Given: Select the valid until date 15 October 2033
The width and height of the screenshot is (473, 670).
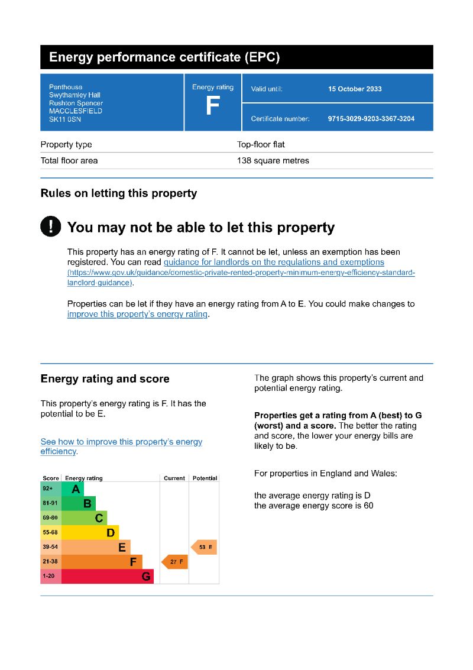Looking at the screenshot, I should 355,89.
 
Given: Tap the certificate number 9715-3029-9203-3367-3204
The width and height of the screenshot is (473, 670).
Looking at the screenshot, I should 371,119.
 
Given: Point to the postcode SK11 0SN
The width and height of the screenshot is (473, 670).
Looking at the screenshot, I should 65,119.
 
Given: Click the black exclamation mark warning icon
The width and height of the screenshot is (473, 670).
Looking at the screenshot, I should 51,226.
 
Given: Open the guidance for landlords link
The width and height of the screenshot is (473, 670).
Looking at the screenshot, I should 274,262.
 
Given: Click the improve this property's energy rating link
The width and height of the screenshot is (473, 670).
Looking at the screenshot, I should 138,314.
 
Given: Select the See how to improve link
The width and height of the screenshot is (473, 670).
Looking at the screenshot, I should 121,442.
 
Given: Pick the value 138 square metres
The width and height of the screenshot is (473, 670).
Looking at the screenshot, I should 273,161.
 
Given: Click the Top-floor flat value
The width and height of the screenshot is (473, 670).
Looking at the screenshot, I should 261,144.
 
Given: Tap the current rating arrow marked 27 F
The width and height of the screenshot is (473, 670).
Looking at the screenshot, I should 175,562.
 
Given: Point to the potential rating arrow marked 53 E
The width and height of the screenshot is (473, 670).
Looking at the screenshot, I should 204,547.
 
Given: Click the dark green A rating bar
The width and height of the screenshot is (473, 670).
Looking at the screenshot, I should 73,489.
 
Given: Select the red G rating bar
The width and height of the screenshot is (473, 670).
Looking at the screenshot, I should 107,577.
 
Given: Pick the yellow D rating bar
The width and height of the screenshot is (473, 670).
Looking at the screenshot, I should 90,533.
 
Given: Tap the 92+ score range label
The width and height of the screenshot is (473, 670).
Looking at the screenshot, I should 48,489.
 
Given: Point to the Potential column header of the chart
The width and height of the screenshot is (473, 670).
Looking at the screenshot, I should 205,478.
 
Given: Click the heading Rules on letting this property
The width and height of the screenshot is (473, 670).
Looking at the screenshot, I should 119,193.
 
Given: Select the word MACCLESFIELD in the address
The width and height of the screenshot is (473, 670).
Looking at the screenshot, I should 76,111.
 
